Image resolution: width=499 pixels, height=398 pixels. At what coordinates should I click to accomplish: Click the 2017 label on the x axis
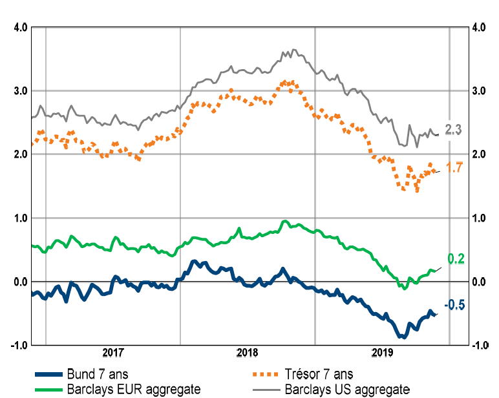pyautogui.click(x=113, y=353)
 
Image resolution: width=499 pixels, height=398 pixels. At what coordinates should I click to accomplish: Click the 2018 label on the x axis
pyautogui.click(x=248, y=353)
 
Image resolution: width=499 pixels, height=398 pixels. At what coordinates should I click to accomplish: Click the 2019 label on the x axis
pyautogui.click(x=382, y=353)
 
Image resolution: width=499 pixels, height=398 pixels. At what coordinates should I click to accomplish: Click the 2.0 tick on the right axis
pyautogui.click(x=478, y=154)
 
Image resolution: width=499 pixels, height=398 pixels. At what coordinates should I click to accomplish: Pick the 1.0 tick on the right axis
pyautogui.click(x=478, y=218)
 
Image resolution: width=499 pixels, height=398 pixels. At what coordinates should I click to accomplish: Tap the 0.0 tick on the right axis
pyautogui.click(x=478, y=282)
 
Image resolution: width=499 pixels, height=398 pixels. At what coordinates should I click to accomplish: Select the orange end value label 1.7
pyautogui.click(x=454, y=168)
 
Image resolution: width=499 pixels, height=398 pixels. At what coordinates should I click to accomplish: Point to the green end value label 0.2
pyautogui.click(x=456, y=259)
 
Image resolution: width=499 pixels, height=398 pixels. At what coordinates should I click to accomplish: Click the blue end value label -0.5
pyautogui.click(x=454, y=305)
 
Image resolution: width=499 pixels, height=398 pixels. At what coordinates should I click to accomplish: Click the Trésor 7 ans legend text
pyautogui.click(x=319, y=374)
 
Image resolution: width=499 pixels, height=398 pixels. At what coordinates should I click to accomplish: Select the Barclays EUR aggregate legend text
pyautogui.click(x=133, y=389)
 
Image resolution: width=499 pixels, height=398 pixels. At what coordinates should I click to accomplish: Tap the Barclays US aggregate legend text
pyautogui.click(x=347, y=389)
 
